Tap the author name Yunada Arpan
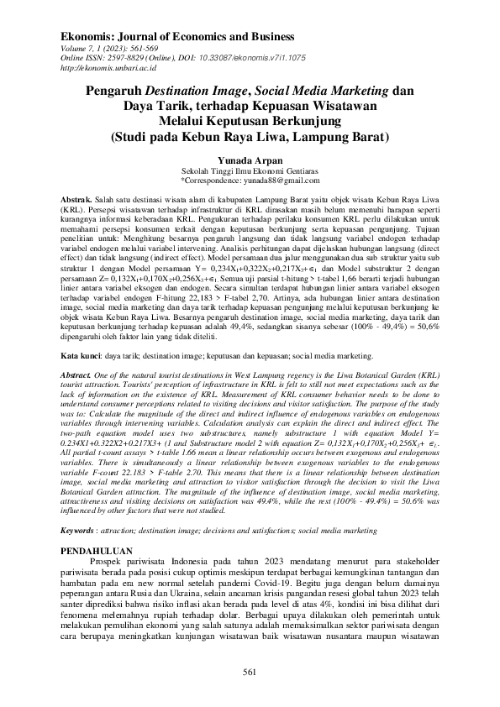(x=250, y=157)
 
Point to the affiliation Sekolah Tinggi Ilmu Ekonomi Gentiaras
(x=250, y=169)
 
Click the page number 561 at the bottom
(x=249, y=671)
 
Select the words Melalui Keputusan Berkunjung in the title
(x=250, y=120)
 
